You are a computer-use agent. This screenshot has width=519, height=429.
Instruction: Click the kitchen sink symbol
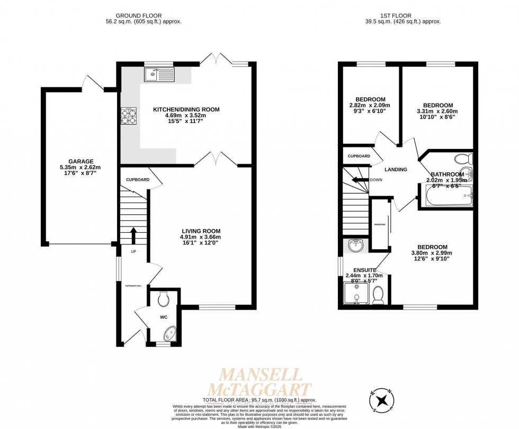pyautogui.click(x=158, y=75)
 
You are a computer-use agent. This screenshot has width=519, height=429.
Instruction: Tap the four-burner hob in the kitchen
pyautogui.click(x=129, y=116)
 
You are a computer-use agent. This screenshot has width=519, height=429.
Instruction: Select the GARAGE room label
pyautogui.click(x=80, y=161)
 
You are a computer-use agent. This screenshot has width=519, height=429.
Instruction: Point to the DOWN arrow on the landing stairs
pyautogui.click(x=361, y=180)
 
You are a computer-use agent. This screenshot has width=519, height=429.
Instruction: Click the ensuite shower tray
pyautogui.click(x=356, y=293)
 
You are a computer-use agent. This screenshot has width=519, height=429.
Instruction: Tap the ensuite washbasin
pyautogui.click(x=355, y=245)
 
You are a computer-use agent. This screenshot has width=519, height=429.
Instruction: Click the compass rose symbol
pyautogui.click(x=382, y=399)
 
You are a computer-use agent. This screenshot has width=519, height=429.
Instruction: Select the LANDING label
pyautogui.click(x=396, y=170)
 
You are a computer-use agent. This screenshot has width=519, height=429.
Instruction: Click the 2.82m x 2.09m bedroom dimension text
pyautogui.click(x=370, y=105)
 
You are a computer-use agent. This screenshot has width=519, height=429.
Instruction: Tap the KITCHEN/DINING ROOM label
pyautogui.click(x=186, y=109)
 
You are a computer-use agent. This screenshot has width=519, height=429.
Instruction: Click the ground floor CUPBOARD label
pyautogui.click(x=137, y=179)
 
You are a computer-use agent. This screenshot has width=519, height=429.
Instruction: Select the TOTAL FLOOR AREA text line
pyautogui.click(x=259, y=399)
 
